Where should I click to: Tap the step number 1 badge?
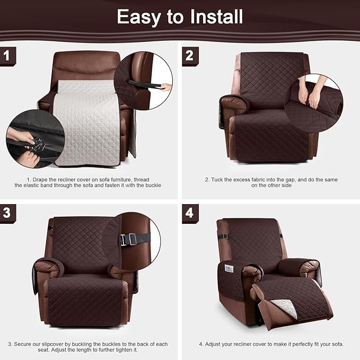(x=7, y=55)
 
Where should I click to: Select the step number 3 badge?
(x=7, y=213)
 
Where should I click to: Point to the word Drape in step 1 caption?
(x=45, y=179)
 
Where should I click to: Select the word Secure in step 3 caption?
(x=25, y=344)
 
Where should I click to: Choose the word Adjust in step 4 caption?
(x=217, y=344)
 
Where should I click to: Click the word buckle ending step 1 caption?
(x=151, y=186)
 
